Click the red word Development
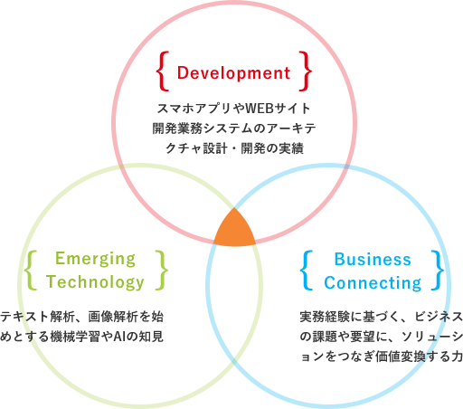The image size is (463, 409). (233, 73)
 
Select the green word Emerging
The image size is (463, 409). (95, 260)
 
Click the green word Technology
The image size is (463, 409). (95, 282)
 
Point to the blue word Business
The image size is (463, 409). (373, 260)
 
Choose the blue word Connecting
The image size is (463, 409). (373, 283)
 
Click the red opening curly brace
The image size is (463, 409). (163, 71)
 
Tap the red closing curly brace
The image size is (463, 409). (306, 71)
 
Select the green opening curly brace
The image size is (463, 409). (31, 271)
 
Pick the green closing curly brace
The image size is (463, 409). (162, 271)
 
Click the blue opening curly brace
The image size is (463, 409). (307, 271)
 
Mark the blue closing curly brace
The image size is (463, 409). (438, 271)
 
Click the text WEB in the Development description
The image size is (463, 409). (259, 109)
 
